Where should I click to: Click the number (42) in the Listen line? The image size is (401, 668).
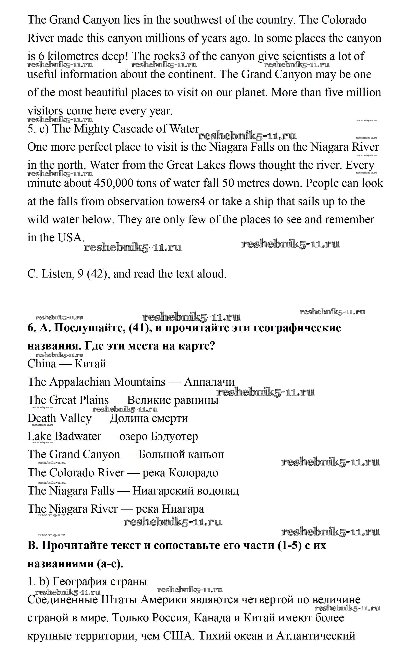98,274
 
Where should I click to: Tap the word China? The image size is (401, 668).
42,364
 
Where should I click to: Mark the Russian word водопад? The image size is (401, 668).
218,491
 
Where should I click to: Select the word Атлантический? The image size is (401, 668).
316,636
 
